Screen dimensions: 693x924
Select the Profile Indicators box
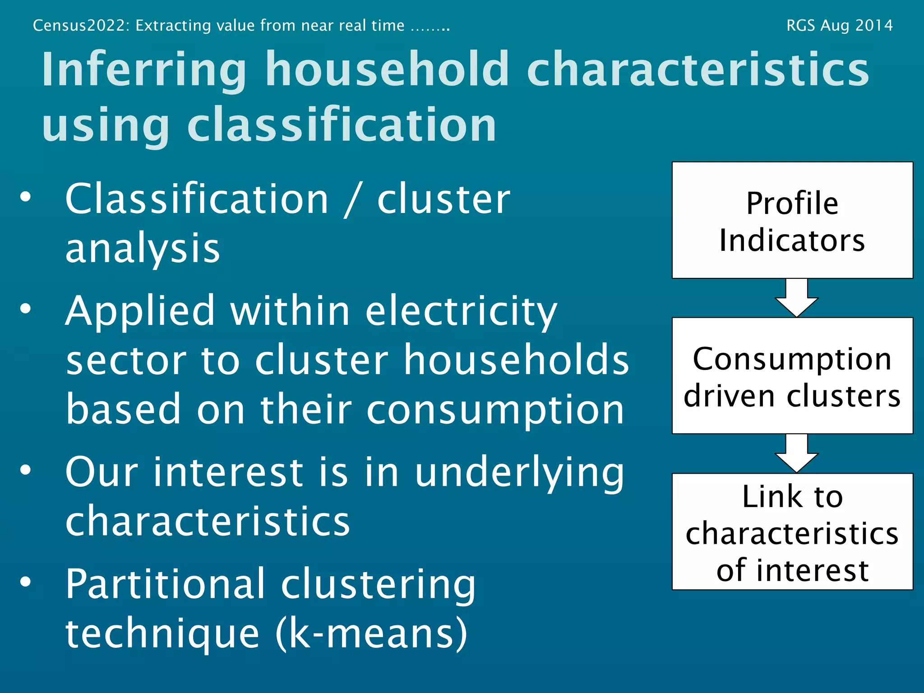(792, 221)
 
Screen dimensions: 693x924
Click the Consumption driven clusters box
(792, 376)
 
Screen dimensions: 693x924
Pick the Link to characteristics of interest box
(792, 532)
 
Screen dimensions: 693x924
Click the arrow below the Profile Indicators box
(796, 298)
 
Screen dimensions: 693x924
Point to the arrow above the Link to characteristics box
(796, 453)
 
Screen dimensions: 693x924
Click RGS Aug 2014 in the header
(839, 25)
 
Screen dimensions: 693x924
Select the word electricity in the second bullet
(461, 311)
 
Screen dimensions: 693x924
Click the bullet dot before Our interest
(26, 470)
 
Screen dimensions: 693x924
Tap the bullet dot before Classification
(26, 197)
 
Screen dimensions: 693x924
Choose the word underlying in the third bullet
(519, 473)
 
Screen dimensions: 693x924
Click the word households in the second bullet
(516, 360)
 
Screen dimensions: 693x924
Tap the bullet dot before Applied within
(26, 309)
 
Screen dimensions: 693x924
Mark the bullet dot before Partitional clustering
(26, 582)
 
